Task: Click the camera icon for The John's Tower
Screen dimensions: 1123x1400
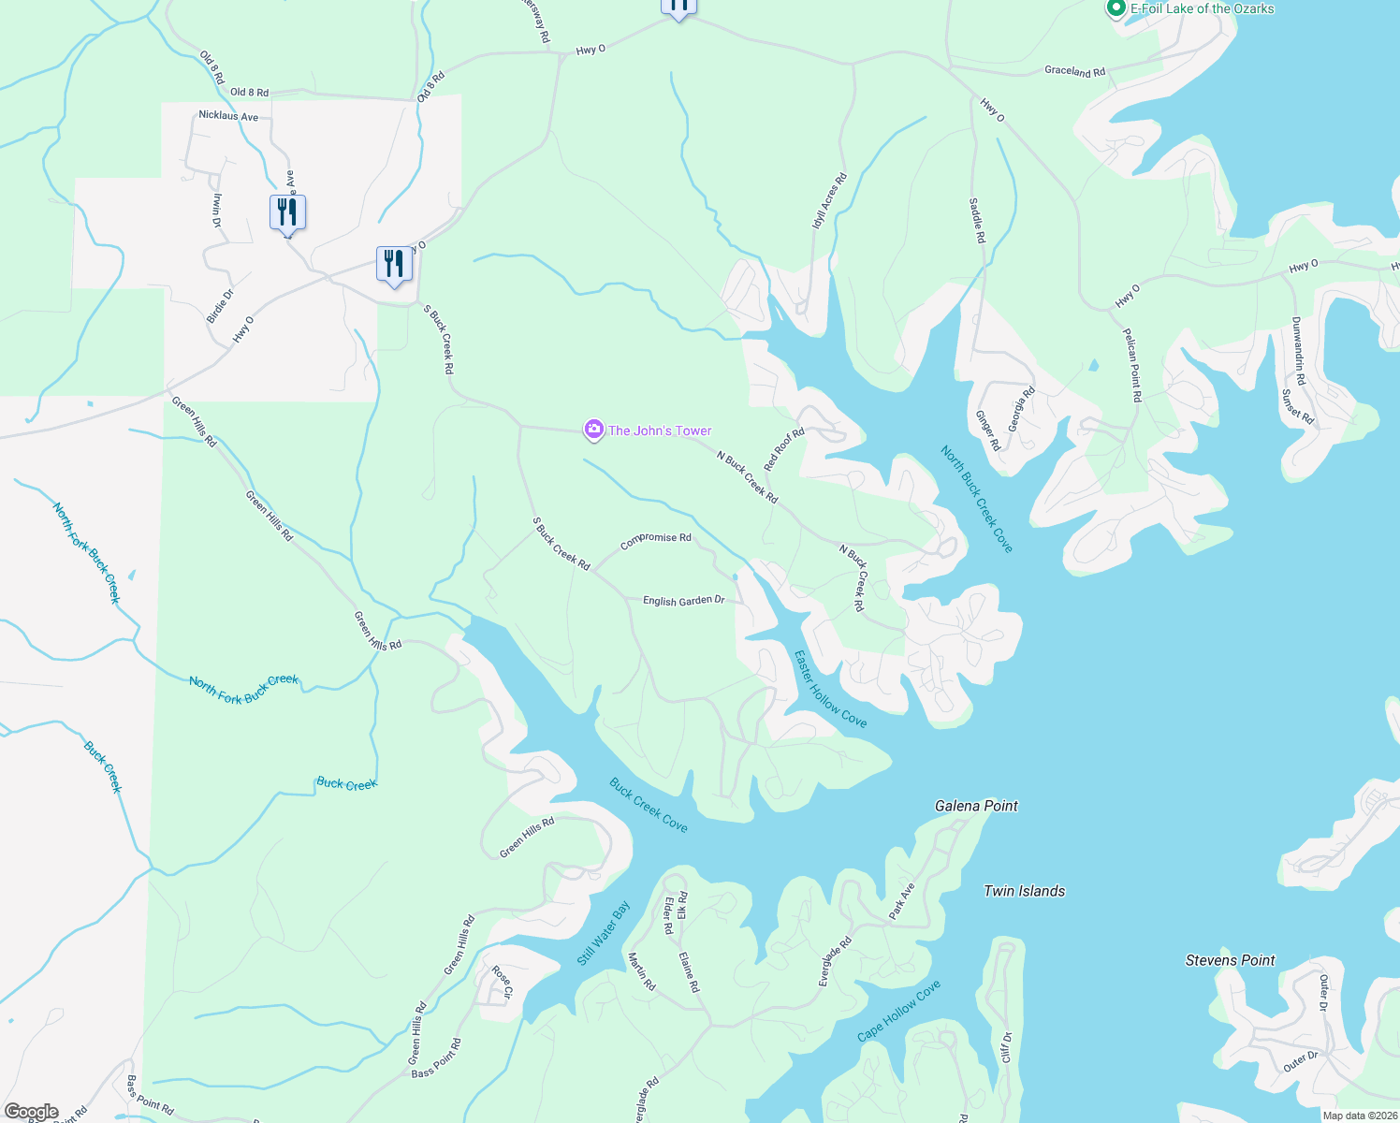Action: pyautogui.click(x=593, y=430)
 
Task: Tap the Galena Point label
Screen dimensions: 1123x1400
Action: pyautogui.click(x=976, y=806)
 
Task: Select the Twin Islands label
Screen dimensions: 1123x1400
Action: pyautogui.click(x=1024, y=891)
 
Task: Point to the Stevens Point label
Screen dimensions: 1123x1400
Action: pyautogui.click(x=1230, y=960)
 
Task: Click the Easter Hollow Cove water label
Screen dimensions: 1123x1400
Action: pyautogui.click(x=830, y=689)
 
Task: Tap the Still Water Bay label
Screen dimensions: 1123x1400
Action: pyautogui.click(x=604, y=933)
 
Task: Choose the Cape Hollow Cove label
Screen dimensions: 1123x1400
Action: pyautogui.click(x=899, y=1011)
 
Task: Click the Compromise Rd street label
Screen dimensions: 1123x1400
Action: pyautogui.click(x=656, y=539)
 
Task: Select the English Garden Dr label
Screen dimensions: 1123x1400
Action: pyautogui.click(x=683, y=600)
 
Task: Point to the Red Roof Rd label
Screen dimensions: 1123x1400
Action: pyautogui.click(x=784, y=450)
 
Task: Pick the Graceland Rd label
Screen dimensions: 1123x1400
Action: pyautogui.click(x=1074, y=71)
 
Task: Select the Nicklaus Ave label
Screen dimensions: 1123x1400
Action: pyautogui.click(x=228, y=116)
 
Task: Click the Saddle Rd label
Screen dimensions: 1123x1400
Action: pyautogui.click(x=977, y=221)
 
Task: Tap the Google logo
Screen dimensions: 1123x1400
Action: pyautogui.click(x=31, y=1112)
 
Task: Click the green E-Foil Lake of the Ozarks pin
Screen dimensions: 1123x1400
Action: pyautogui.click(x=1116, y=8)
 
